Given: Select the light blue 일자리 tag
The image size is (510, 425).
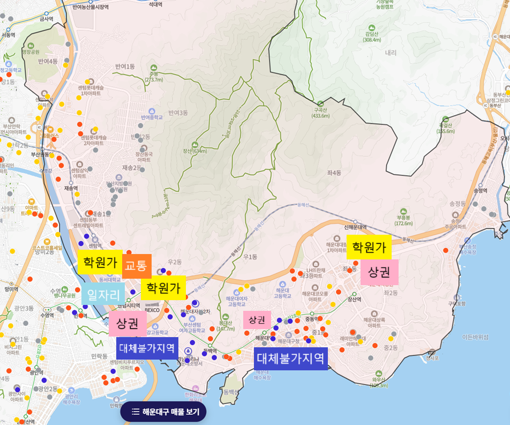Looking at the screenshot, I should tap(103, 294).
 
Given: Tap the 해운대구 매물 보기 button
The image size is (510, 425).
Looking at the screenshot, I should tap(163, 412).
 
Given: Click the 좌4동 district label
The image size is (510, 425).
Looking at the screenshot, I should tap(333, 173).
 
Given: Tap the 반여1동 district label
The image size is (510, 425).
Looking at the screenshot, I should tap(125, 66).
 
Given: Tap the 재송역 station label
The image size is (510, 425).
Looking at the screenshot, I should tap(71, 188).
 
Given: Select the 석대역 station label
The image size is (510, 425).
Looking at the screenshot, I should tap(155, 4).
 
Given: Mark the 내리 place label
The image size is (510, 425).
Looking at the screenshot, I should tap(391, 53).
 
